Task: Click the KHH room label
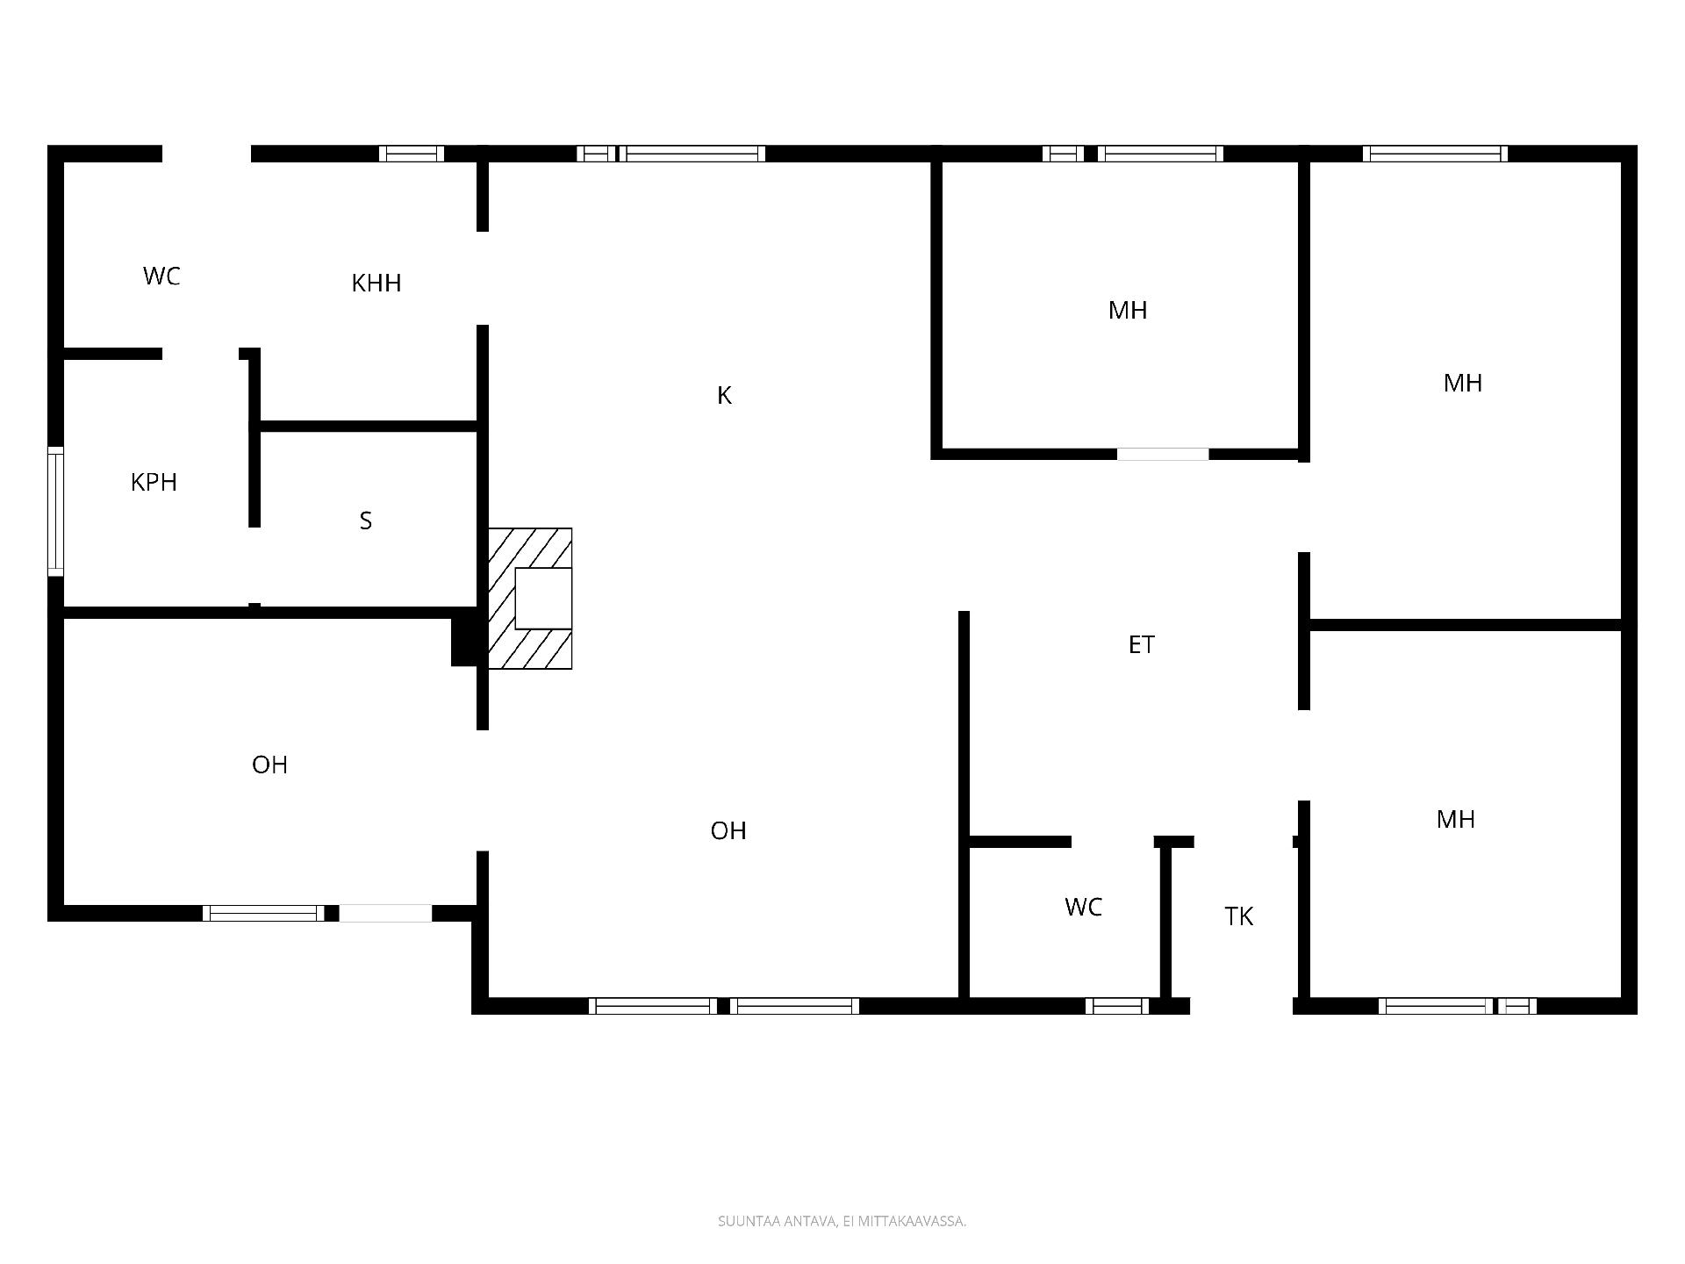376,284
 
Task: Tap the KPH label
154,483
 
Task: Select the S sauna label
366,521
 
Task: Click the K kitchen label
724,396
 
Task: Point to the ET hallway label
1141,645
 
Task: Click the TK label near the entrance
1238,916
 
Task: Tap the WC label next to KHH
161,276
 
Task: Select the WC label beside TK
1083,908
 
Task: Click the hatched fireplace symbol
530,599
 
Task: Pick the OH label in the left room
269,765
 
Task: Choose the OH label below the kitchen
728,831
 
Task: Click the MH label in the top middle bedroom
1128,311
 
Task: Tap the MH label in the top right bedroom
1463,384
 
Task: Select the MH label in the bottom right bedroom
1456,820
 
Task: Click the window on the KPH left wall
55,512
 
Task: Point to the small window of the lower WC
1117,1006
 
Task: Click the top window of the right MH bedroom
1436,154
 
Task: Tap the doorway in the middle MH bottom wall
1163,454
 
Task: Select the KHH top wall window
412,154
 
